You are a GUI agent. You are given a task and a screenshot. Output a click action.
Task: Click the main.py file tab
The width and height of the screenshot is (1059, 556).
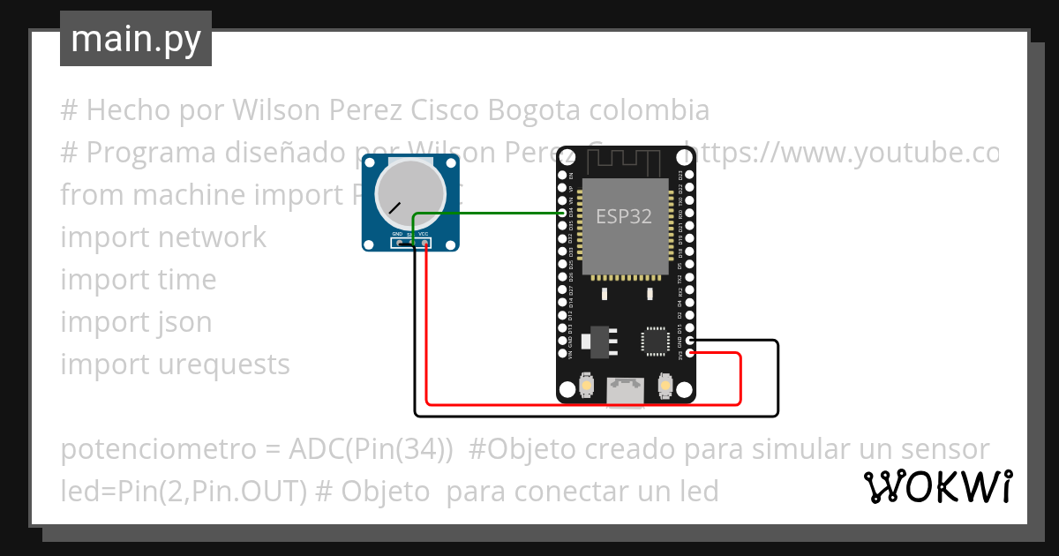point(135,39)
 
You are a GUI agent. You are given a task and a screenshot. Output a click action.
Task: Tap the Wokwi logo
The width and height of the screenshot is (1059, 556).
point(937,486)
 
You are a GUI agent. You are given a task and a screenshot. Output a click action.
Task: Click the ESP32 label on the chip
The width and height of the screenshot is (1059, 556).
point(624,215)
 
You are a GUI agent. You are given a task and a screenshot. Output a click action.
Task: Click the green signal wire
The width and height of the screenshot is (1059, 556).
point(494,213)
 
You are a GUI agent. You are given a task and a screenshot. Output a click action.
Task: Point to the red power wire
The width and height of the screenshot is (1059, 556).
point(582,404)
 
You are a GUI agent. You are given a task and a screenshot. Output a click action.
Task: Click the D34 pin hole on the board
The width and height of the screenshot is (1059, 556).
point(563,214)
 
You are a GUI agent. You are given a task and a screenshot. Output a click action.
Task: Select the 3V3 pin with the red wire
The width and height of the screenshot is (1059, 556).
point(690,354)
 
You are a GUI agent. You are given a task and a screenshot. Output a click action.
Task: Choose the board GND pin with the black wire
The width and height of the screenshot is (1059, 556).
point(690,341)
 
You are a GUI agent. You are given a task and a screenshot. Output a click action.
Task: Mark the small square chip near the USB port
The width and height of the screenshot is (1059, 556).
point(656,341)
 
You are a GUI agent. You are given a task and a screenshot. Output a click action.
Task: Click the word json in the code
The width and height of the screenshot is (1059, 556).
point(186,322)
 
